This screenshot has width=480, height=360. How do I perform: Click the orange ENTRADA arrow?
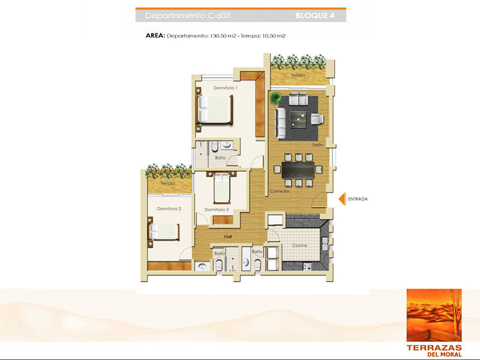tap(343, 199)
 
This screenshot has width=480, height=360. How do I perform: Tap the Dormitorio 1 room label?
tap(226, 88)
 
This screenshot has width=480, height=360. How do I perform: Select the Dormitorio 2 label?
tap(169, 209)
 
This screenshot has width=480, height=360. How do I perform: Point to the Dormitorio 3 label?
tap(217, 209)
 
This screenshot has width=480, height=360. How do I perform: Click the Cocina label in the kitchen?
tap(299, 245)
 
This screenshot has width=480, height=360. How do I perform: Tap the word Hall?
tap(228, 236)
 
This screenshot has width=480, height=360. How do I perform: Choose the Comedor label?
tap(280, 191)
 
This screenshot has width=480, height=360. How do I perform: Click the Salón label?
tap(318, 145)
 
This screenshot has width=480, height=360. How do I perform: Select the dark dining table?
tap(298, 170)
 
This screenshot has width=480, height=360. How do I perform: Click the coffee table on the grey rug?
tap(298, 119)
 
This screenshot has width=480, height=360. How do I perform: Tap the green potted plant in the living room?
tap(276, 98)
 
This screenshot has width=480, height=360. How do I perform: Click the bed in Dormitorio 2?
tap(164, 232)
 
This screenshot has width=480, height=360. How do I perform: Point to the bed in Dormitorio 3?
tap(222, 188)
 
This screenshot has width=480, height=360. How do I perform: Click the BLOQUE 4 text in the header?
tap(315, 16)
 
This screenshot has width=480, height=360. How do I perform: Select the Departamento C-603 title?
tap(188, 16)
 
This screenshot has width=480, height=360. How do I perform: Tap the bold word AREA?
tap(155, 35)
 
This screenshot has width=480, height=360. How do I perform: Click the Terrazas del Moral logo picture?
tap(434, 315)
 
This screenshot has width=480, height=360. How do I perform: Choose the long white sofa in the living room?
tap(280, 123)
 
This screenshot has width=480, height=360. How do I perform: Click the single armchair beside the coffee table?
tap(317, 119)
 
